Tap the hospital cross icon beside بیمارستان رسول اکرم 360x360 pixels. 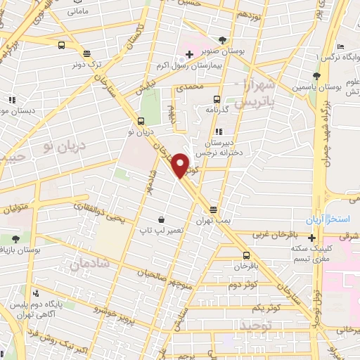point(189,54)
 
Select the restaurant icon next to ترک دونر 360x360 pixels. point(86,53)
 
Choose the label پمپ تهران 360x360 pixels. point(213,221)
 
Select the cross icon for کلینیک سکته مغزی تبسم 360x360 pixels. point(311,238)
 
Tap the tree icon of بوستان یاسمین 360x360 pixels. point(316,76)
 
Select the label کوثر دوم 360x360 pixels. point(243,285)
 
